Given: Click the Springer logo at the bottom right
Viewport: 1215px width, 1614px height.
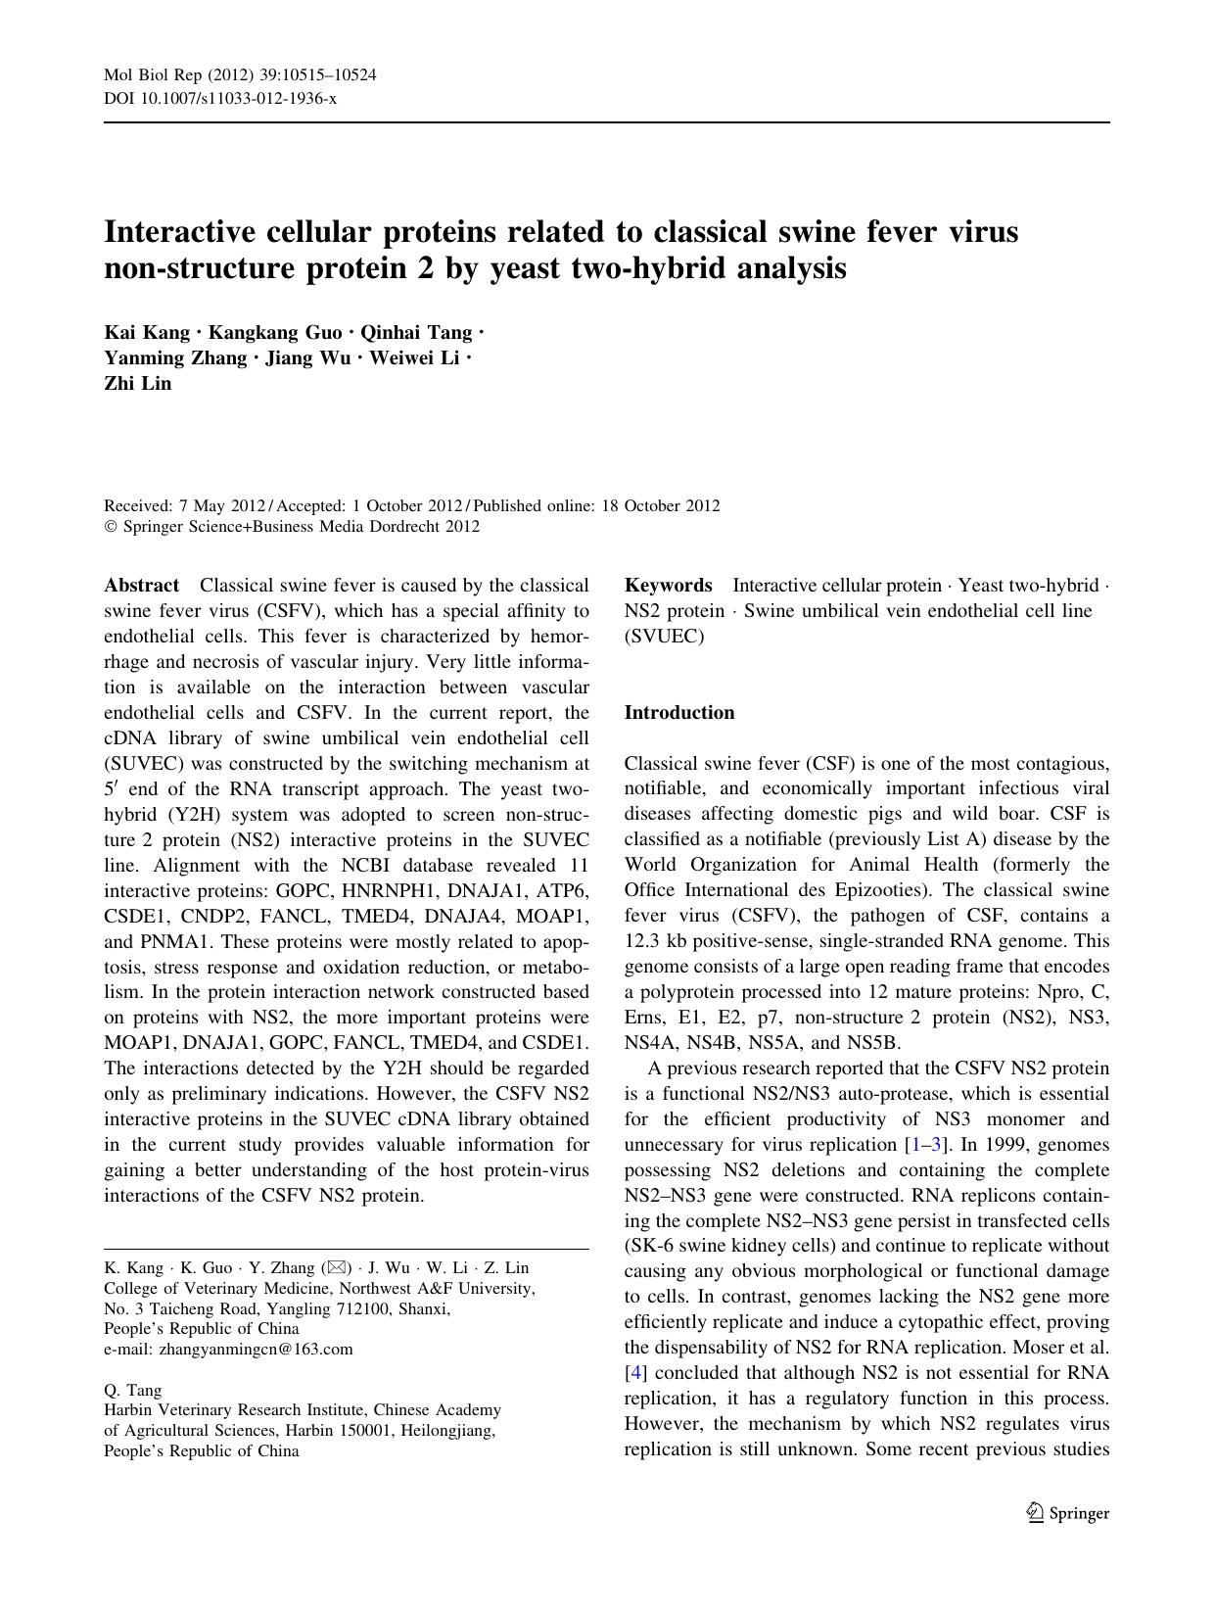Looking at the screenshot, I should coord(1067,1513).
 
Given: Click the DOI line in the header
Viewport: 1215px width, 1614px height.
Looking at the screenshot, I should coord(220,99).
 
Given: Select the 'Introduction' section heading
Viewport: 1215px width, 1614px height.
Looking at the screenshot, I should coord(678,713).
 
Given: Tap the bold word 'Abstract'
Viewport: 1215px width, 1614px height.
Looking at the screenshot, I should coord(142,586).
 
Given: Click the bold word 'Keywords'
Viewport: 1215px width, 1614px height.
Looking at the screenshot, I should coord(668,586).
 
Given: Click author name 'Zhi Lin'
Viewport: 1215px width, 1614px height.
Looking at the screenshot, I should coord(137,384).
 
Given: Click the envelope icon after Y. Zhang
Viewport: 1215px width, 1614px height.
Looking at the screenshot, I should coord(334,1268).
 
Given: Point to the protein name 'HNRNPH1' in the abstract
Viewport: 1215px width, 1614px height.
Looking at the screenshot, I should coord(365,891).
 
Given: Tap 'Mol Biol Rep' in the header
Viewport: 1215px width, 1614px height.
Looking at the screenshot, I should coord(145,76).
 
